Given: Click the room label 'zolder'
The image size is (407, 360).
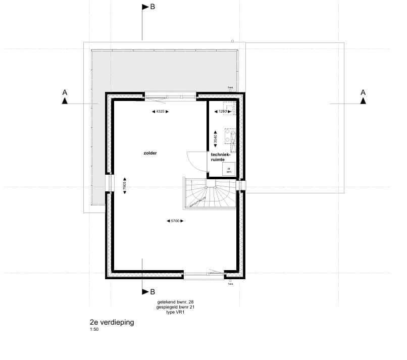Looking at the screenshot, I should [x=150, y=152].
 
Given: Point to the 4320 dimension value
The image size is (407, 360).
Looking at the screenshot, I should [x=160, y=111].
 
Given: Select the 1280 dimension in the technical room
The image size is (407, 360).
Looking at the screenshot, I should [x=223, y=111].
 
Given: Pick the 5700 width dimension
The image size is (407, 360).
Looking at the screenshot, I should [x=174, y=221].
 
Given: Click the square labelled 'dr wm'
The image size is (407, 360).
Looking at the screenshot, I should [x=229, y=170].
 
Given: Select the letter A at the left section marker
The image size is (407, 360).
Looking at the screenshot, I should [x=65, y=92].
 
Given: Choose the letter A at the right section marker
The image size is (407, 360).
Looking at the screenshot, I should [x=363, y=92].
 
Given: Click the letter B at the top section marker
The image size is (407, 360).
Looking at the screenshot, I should [x=152, y=7].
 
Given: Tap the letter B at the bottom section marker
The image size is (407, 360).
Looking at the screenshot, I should [x=152, y=292].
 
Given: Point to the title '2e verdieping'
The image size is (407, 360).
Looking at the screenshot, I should [x=112, y=323].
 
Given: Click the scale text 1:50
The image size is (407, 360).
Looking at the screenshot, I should [x=94, y=330].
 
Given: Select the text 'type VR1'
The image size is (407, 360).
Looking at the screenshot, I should [x=175, y=312].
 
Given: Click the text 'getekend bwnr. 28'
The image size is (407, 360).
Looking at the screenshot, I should [x=175, y=301].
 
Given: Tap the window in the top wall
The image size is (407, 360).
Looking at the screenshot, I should [x=171, y=94].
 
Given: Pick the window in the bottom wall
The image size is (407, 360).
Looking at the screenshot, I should [x=204, y=275].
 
